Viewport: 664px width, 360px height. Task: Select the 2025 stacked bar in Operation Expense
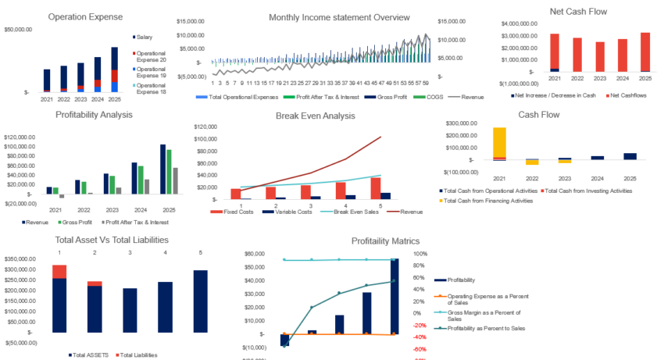pyautogui.click(x=114, y=70)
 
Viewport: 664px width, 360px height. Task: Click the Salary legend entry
pyautogui.click(x=148, y=37)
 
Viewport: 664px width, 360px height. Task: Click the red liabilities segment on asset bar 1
pyautogui.click(x=59, y=271)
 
